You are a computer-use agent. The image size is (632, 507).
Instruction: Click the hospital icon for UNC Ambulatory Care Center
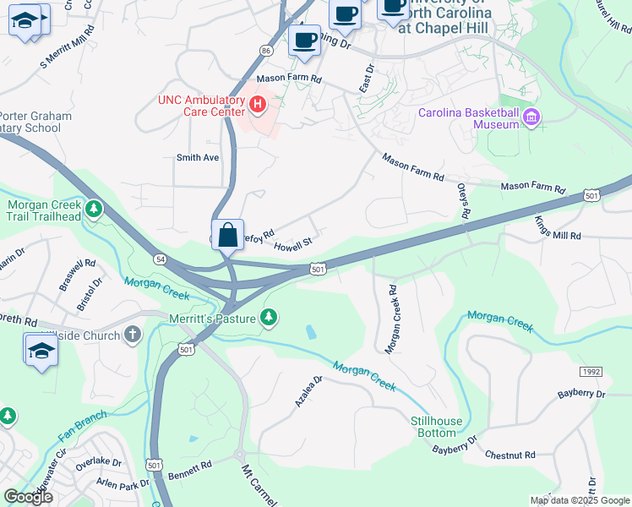pos(258,106)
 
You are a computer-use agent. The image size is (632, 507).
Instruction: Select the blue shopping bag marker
pos(228,235)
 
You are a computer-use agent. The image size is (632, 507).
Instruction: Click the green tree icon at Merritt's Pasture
pos(269,317)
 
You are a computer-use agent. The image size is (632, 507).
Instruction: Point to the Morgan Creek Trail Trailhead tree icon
pos(94,208)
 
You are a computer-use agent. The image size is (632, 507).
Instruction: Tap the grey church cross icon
pos(131,335)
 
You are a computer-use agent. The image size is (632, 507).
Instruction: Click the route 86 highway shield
pos(266,51)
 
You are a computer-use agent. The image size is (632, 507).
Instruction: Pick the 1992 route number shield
pos(591,372)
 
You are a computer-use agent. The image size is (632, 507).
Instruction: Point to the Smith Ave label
pos(197,157)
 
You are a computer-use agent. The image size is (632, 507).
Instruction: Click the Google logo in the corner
pos(28,497)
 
